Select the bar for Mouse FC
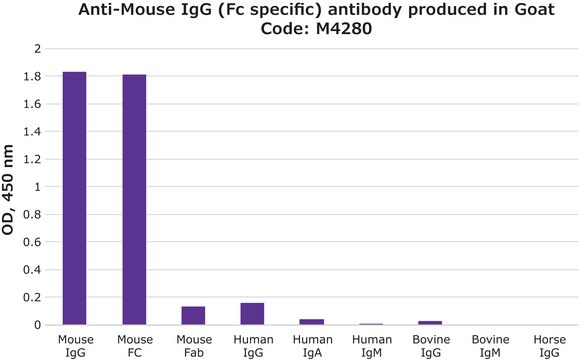[134, 199]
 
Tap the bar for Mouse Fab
[193, 315]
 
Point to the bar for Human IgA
[311, 322]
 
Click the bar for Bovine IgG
[429, 323]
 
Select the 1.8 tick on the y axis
[38, 76]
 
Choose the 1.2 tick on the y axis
[38, 159]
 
